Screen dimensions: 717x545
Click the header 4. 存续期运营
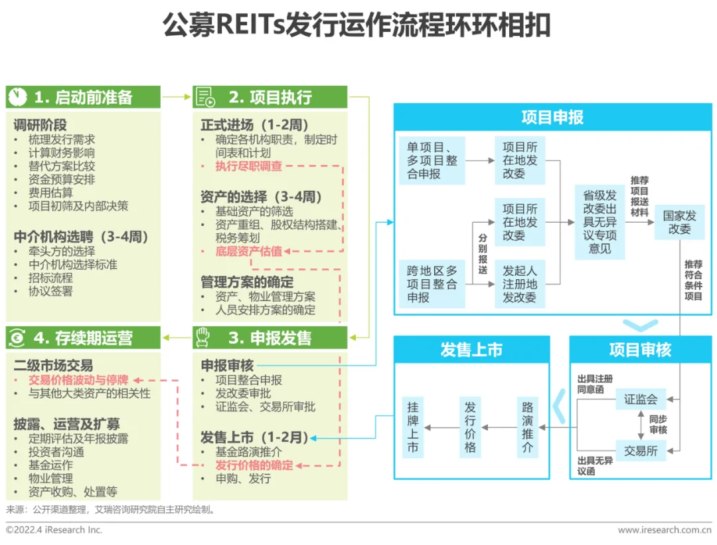tap(83, 338)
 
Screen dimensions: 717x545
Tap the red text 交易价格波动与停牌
tap(78, 380)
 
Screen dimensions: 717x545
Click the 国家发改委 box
tap(680, 222)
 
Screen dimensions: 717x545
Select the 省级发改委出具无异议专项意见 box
tap(599, 222)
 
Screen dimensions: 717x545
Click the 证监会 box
tap(641, 399)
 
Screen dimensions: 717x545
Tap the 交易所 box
tap(641, 451)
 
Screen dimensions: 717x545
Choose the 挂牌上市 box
tap(413, 427)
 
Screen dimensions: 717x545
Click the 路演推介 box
tap(528, 427)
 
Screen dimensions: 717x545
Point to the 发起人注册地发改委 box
tap(520, 284)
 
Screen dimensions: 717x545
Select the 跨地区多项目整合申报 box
tap(432, 284)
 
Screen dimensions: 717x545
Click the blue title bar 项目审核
tap(641, 350)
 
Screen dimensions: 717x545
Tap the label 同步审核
tap(658, 425)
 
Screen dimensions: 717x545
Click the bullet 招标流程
tap(50, 278)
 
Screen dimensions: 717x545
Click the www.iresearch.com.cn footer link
tap(664, 530)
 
